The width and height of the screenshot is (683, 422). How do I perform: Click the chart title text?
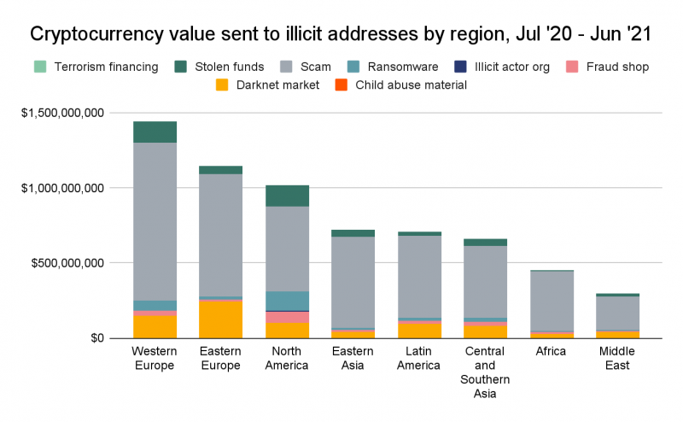point(341,34)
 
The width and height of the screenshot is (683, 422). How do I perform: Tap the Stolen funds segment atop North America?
point(288,196)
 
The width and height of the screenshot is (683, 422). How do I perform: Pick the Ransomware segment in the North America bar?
point(288,301)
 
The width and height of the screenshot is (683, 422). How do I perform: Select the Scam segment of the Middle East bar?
point(618,313)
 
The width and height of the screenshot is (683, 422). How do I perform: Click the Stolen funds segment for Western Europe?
point(155,132)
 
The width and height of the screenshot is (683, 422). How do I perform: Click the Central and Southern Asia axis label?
point(486,372)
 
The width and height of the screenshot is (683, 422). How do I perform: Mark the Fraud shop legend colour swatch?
point(569,66)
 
